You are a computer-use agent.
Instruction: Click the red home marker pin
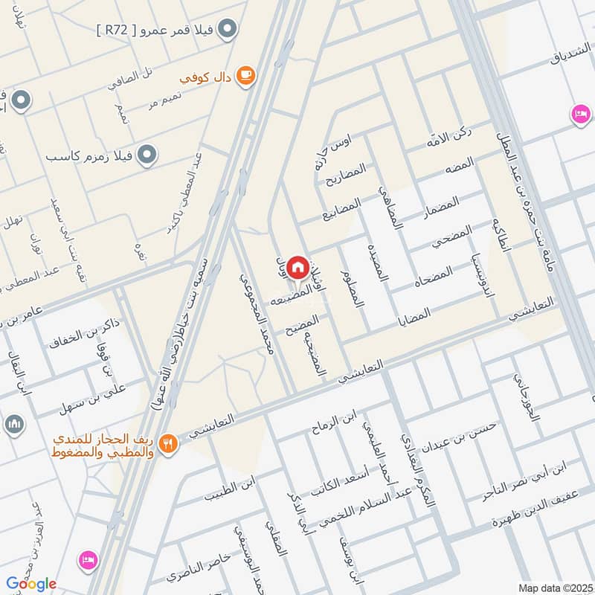coord(298,266)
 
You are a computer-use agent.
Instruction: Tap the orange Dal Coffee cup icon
coord(246,75)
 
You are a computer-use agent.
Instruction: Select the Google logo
coord(30,584)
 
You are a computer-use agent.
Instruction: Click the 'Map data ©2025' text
coord(555,588)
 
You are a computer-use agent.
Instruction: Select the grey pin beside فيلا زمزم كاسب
coord(149,155)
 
